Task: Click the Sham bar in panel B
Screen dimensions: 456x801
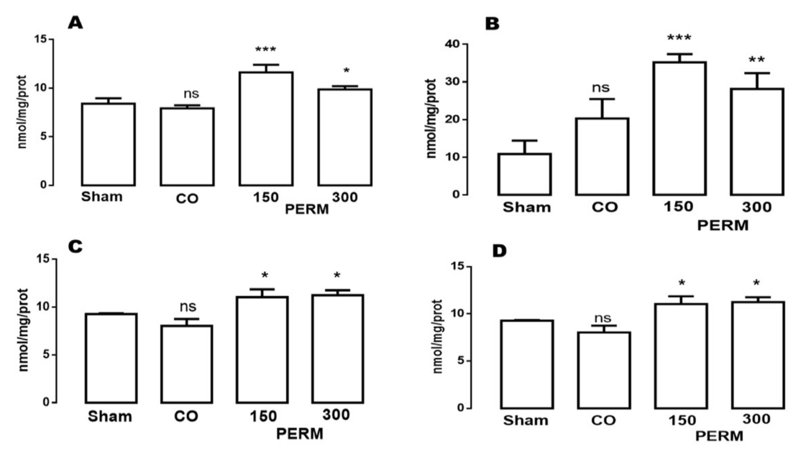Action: click(525, 174)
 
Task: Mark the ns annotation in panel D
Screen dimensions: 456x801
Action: click(603, 318)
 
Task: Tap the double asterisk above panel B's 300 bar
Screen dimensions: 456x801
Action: click(757, 60)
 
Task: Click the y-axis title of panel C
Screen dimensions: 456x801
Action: click(24, 330)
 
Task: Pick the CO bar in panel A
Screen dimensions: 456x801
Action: click(187, 147)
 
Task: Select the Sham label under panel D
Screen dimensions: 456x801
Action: click(526, 421)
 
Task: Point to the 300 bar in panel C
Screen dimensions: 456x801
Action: click(337, 349)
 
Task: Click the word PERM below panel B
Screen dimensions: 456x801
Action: click(723, 225)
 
